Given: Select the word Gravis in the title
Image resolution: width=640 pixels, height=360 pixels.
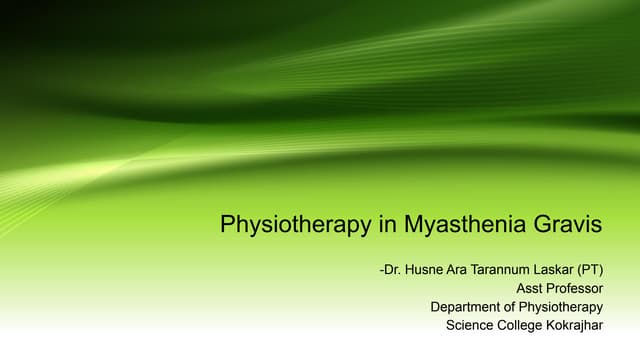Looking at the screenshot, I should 570,225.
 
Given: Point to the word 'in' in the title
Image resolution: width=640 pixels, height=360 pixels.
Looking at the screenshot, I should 388,225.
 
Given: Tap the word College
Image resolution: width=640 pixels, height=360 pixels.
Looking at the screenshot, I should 528,325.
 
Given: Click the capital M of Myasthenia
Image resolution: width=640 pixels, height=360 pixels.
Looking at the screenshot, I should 413,225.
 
